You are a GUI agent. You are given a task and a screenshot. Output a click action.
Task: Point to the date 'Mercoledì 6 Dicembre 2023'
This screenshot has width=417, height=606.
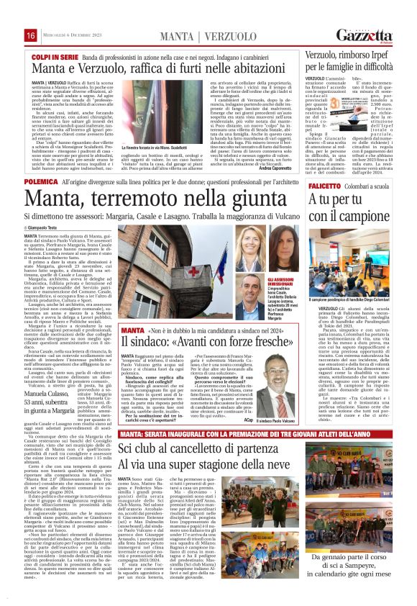click(x=69, y=36)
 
